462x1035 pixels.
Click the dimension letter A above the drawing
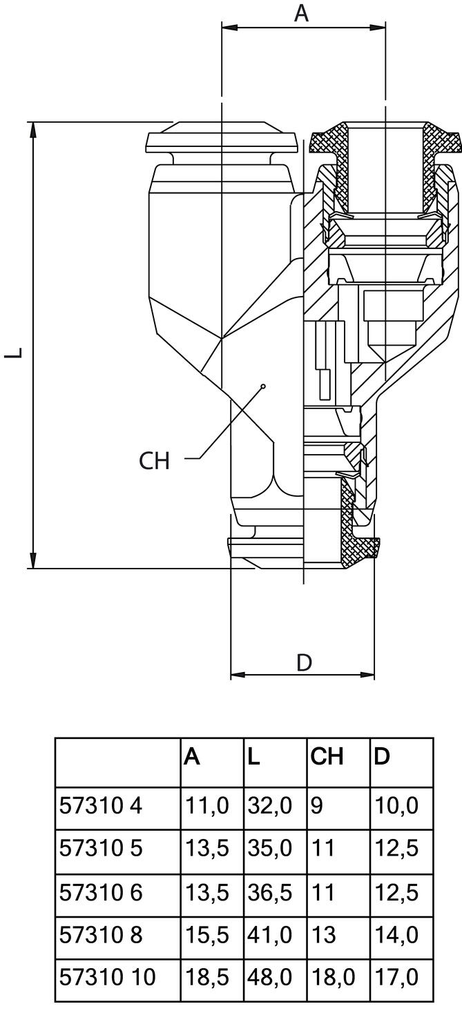pos(302,12)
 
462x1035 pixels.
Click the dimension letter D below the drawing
pos(304,662)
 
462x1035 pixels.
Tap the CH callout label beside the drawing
pos(154,461)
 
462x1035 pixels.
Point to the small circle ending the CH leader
pos(263,387)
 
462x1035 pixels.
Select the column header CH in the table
pos(327,757)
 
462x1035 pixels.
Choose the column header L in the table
pos(254,757)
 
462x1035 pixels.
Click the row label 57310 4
pos(101,805)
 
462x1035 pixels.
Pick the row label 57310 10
pos(108,977)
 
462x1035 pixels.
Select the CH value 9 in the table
pos(316,805)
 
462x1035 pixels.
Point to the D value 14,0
pos(396,935)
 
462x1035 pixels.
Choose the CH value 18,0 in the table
pos(332,977)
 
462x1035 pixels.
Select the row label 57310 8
pos(101,935)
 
